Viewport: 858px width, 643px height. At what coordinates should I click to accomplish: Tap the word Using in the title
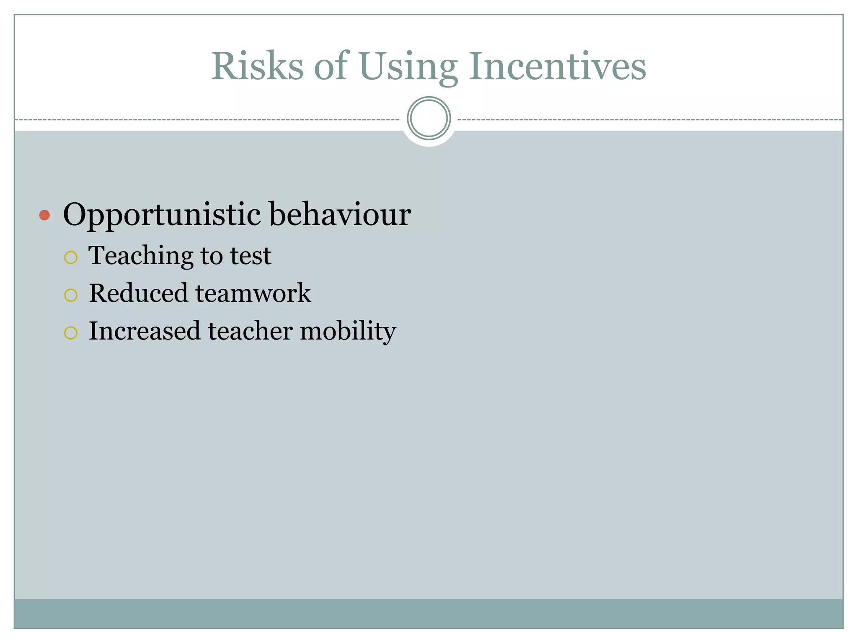[x=408, y=67]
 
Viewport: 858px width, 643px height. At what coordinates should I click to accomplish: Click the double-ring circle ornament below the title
[x=429, y=118]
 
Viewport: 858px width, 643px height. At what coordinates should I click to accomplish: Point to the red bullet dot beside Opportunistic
[x=44, y=215]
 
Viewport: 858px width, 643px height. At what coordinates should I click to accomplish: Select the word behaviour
[x=340, y=214]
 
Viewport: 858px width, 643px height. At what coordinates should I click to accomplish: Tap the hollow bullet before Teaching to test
[x=71, y=257]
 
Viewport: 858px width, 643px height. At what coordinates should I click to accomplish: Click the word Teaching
[x=141, y=256]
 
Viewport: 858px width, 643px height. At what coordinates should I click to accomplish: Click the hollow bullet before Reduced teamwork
[x=71, y=295]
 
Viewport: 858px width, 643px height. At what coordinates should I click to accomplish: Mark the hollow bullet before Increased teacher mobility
[x=71, y=333]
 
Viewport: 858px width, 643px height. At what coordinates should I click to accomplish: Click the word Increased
[x=145, y=331]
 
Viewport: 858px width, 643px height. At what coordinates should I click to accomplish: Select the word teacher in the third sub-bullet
[x=250, y=331]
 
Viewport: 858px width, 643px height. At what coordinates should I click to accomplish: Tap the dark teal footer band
[x=429, y=613]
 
